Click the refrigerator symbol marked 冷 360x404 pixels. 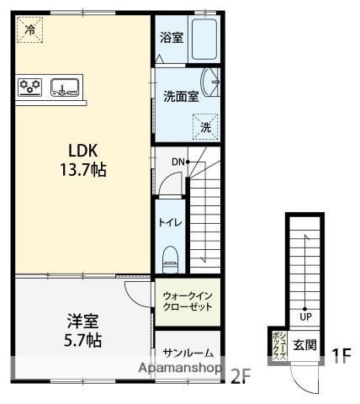(29, 29)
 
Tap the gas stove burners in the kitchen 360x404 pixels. (29, 87)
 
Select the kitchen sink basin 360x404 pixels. (65, 87)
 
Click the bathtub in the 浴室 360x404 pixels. (204, 39)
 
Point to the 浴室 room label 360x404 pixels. (172, 37)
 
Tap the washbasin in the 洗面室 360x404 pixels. (209, 82)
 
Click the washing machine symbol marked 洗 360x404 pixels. (205, 127)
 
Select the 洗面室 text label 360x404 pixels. (181, 97)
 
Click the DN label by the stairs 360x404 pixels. (178, 162)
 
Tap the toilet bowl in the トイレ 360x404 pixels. (171, 259)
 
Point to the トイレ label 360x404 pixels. (170, 222)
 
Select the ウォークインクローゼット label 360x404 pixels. (188, 301)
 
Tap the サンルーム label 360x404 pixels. (188, 353)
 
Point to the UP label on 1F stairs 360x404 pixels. (305, 316)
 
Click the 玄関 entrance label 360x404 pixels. (304, 345)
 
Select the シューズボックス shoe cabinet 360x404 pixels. (279, 346)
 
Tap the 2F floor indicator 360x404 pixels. (241, 376)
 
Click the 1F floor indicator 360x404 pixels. (341, 356)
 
